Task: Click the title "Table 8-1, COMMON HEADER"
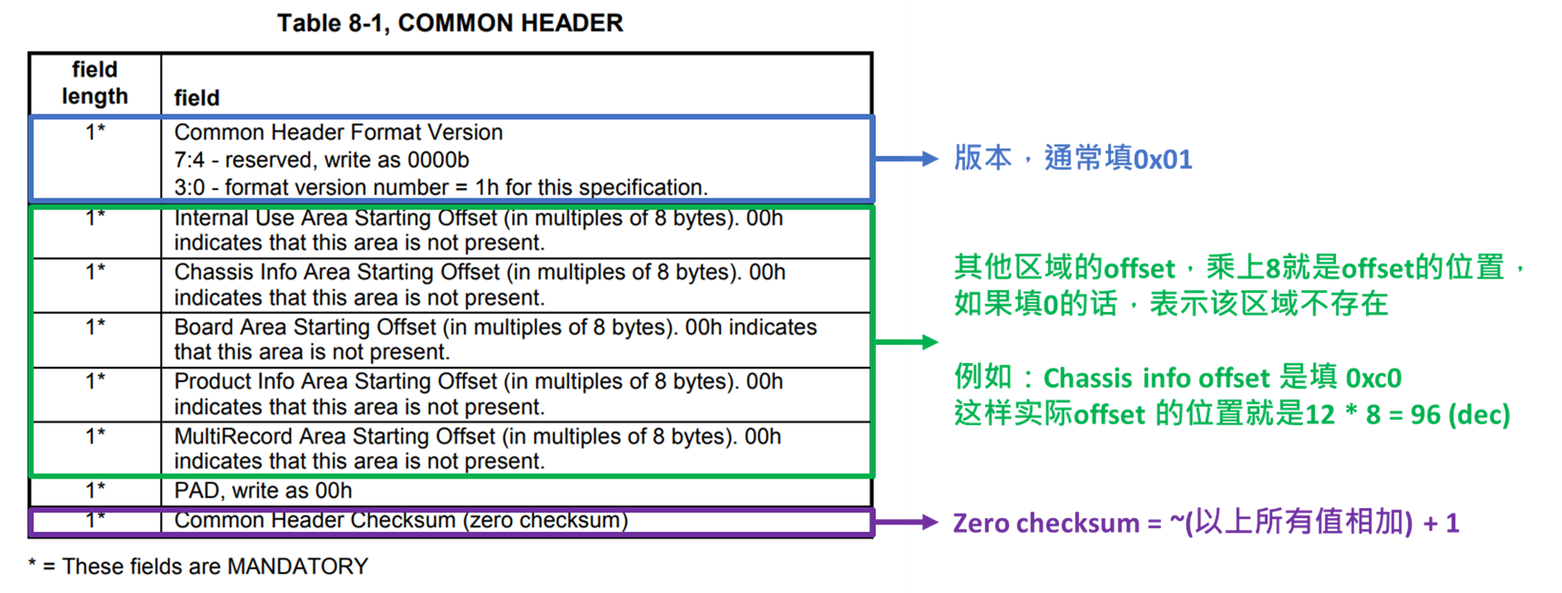[x=449, y=23]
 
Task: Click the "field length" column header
[x=95, y=82]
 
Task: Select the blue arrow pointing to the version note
[x=906, y=159]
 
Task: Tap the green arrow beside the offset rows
[x=906, y=342]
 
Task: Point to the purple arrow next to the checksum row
[x=906, y=523]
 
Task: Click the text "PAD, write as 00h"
[x=263, y=491]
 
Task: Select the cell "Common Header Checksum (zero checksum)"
[x=401, y=520]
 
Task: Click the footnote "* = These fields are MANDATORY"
[x=198, y=566]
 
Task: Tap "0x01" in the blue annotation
[x=1162, y=160]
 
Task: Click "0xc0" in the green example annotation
[x=1374, y=378]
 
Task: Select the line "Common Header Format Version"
[x=339, y=132]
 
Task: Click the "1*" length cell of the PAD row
[x=95, y=490]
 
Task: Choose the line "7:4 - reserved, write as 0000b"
[x=321, y=160]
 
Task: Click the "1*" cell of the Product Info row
[x=95, y=380]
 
